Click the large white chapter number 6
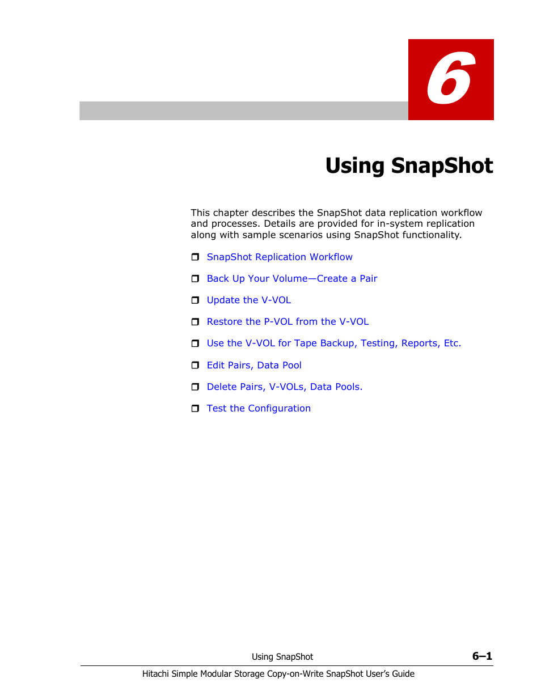point(450,79)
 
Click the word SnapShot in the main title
point(442,166)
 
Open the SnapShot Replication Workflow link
point(279,257)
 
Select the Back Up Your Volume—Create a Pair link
point(291,279)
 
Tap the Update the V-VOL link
point(248,300)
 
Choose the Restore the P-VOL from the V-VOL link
point(288,322)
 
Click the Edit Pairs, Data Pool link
point(253,366)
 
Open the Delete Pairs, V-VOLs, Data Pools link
point(284,387)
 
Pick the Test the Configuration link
point(258,409)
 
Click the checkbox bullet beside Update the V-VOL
point(195,300)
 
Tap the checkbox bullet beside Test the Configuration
point(195,409)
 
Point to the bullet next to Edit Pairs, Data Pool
point(195,366)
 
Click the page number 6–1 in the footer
point(482,656)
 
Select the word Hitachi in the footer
point(155,674)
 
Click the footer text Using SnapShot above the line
point(282,657)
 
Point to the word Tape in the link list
point(305,343)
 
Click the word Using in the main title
point(355,166)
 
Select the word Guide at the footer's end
point(403,674)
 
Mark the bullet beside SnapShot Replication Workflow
point(195,257)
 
